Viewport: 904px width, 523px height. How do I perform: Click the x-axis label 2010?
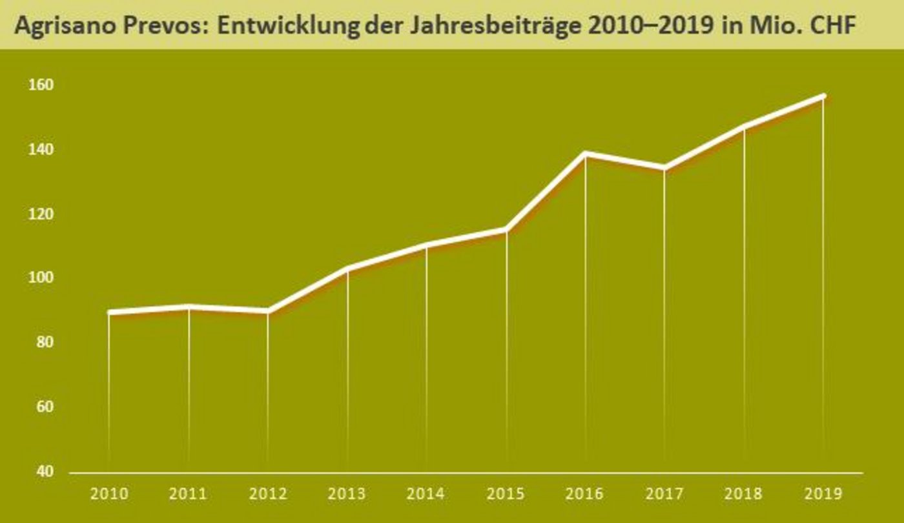tap(108, 494)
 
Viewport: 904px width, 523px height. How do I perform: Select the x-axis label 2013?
tap(347, 494)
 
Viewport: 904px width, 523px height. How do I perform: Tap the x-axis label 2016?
tap(585, 494)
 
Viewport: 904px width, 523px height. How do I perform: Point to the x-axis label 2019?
tap(823, 494)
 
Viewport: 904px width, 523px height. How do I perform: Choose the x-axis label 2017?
tap(664, 494)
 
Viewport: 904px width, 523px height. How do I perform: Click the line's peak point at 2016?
tap(585, 153)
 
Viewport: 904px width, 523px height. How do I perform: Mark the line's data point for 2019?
tap(823, 96)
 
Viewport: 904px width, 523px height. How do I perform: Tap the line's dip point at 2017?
tap(664, 169)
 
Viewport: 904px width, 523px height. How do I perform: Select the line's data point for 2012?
tap(267, 311)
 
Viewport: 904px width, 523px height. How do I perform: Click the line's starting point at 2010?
tap(108, 312)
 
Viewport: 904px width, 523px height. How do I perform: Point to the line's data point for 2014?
tap(426, 245)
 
